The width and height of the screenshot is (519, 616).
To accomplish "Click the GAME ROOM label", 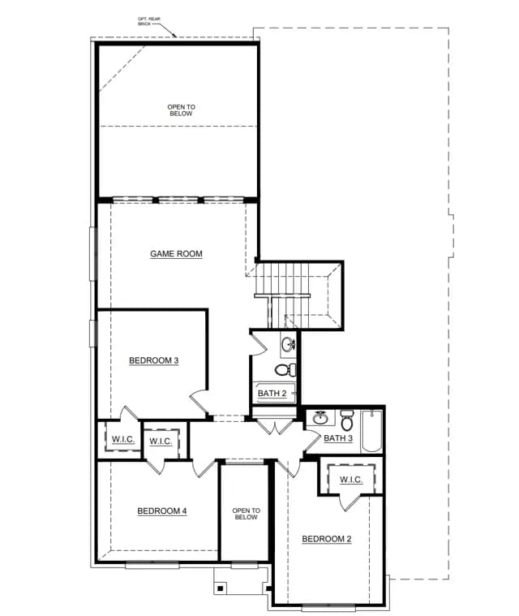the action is (176, 254).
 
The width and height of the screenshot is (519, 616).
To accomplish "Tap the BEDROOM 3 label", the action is (154, 360).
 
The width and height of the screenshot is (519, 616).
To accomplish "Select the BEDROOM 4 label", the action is (161, 511).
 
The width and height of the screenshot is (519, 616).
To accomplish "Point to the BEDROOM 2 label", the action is (327, 539).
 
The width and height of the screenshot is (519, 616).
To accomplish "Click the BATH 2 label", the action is (272, 394).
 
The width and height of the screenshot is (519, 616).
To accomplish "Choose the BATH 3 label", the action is (338, 438).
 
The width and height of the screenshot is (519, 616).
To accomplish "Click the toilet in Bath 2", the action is (285, 369).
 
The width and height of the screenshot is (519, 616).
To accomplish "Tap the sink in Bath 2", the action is (289, 345).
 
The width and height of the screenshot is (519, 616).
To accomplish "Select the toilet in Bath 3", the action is (346, 420).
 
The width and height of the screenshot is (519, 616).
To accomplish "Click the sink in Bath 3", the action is (320, 418).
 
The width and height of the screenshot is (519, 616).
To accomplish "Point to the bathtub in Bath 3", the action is (371, 431).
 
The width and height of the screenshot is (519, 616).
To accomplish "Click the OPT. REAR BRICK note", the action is (148, 21).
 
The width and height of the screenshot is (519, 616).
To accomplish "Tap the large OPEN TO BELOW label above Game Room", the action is (181, 110).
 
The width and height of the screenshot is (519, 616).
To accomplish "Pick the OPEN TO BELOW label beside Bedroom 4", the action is (247, 514).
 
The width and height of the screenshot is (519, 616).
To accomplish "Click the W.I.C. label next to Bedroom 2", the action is (351, 480).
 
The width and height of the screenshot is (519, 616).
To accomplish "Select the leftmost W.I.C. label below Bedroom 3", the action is (123, 439).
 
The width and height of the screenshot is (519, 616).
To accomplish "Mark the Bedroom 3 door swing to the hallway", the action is (199, 402).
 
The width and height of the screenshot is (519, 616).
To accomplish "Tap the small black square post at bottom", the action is (221, 588).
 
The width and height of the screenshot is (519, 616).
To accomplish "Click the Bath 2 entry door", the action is (259, 344).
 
